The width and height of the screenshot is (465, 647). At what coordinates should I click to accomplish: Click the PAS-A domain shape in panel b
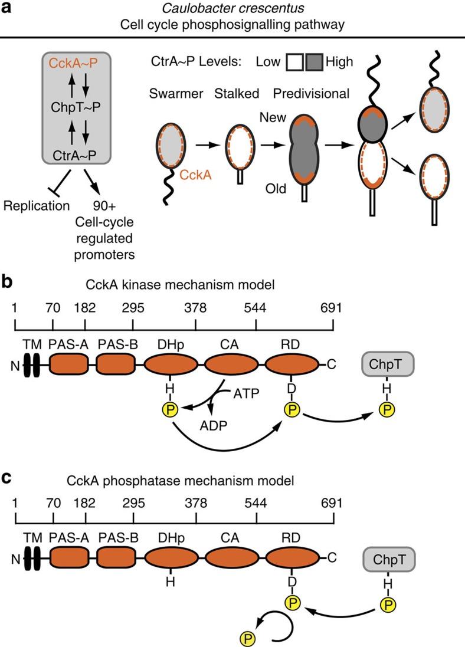(70, 366)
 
